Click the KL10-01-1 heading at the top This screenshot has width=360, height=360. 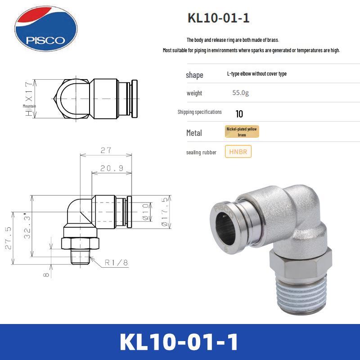pyautogui.click(x=218, y=18)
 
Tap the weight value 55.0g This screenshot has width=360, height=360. pyautogui.click(x=240, y=93)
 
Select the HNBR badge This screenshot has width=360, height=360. pyautogui.click(x=238, y=152)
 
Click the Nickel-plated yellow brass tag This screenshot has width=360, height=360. pyautogui.click(x=242, y=132)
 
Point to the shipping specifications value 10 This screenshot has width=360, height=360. pyautogui.click(x=239, y=114)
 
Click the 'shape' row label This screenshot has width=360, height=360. pyautogui.click(x=194, y=75)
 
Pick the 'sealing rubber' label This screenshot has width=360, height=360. pyautogui.click(x=201, y=153)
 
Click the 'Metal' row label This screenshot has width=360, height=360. pyautogui.click(x=194, y=133)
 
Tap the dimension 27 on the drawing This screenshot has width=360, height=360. pyautogui.click(x=106, y=150)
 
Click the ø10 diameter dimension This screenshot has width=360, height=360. pyautogui.click(x=145, y=210)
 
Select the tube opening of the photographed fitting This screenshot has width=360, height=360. pyautogui.click(x=229, y=221)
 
